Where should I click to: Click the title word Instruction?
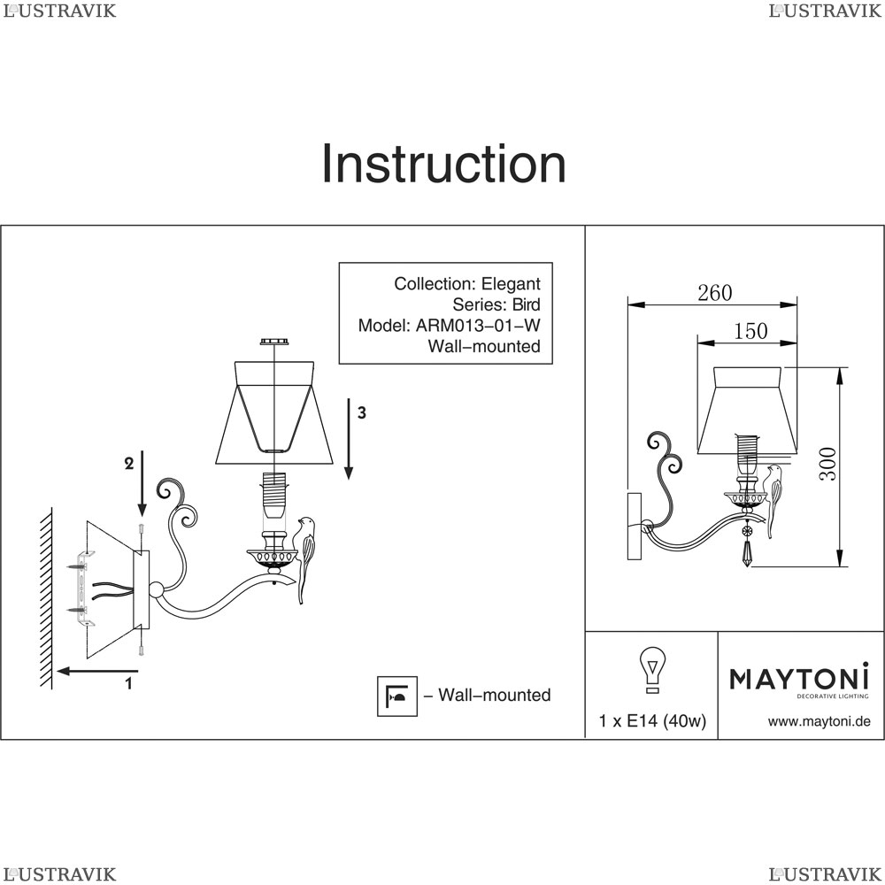(x=443, y=165)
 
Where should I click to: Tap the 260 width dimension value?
(x=714, y=293)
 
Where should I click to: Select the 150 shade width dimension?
(x=750, y=331)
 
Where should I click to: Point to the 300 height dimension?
(x=826, y=463)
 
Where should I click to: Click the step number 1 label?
(x=128, y=682)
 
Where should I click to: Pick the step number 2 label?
(x=128, y=462)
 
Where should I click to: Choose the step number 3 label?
(x=361, y=412)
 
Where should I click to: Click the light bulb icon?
(x=652, y=670)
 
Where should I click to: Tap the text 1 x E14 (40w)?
(x=652, y=721)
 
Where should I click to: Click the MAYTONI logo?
(x=799, y=680)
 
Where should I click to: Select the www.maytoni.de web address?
(x=819, y=721)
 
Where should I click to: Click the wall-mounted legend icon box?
(x=396, y=696)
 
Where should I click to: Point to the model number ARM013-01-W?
(x=478, y=325)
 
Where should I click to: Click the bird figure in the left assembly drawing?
(x=307, y=558)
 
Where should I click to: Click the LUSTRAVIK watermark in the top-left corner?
(x=60, y=11)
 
